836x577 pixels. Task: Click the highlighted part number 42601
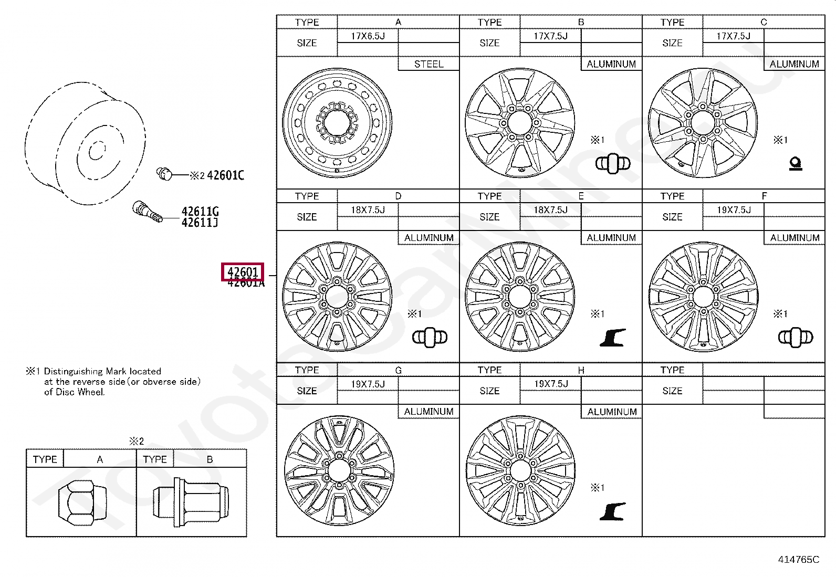(243, 272)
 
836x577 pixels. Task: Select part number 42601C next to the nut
(225, 175)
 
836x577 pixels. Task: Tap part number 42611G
(200, 212)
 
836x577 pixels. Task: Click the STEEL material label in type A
(429, 64)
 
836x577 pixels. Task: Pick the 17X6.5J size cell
(368, 36)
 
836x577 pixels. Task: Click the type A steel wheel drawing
(337, 123)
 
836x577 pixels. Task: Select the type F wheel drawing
(703, 297)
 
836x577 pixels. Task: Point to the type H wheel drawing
(520, 471)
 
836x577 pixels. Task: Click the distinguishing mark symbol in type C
(796, 164)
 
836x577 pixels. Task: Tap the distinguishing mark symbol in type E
(613, 337)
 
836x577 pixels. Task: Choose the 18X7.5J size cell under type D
(368, 210)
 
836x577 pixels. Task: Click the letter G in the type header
(398, 370)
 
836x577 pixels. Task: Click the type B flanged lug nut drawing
(191, 501)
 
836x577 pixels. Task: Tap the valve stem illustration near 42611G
(147, 211)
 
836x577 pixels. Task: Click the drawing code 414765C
(798, 560)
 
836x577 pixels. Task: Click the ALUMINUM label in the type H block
(612, 412)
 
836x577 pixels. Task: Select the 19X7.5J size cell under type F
(734, 210)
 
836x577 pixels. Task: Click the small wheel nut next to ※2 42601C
(164, 173)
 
